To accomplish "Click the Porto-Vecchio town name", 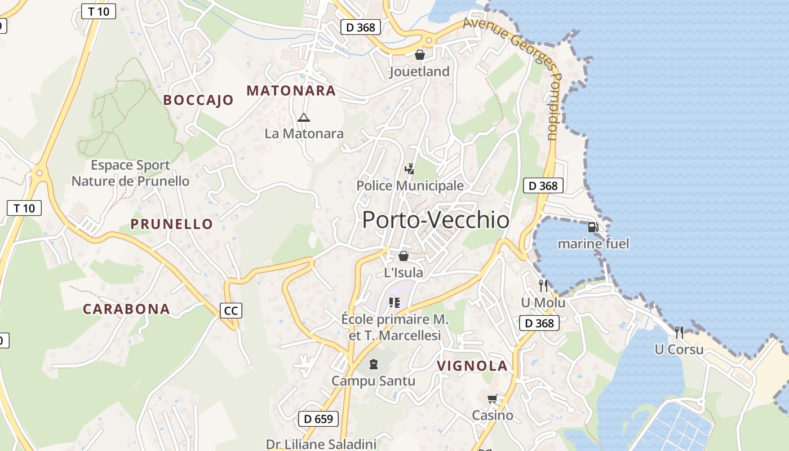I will tap(436, 220).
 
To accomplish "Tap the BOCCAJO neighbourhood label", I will tap(198, 100).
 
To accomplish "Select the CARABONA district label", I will tap(126, 309).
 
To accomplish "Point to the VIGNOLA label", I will tap(472, 366).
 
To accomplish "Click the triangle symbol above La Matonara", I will tap(304, 118).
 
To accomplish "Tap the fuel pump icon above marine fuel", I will tap(593, 227).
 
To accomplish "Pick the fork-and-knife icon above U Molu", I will tap(543, 286).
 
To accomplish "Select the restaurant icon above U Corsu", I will tap(679, 333).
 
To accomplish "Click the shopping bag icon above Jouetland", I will tap(419, 55).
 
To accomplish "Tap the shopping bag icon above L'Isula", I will tap(404, 257).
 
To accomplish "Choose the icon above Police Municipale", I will tap(410, 169).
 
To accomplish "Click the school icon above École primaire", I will tap(394, 303).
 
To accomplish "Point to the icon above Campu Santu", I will tap(373, 364).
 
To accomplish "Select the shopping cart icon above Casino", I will tap(493, 399).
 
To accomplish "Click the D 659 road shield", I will tap(318, 419).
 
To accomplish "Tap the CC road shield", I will tap(231, 311).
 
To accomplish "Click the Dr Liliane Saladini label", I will tap(321, 444).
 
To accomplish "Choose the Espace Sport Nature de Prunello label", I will tap(131, 173).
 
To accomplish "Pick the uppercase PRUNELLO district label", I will tap(172, 224).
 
